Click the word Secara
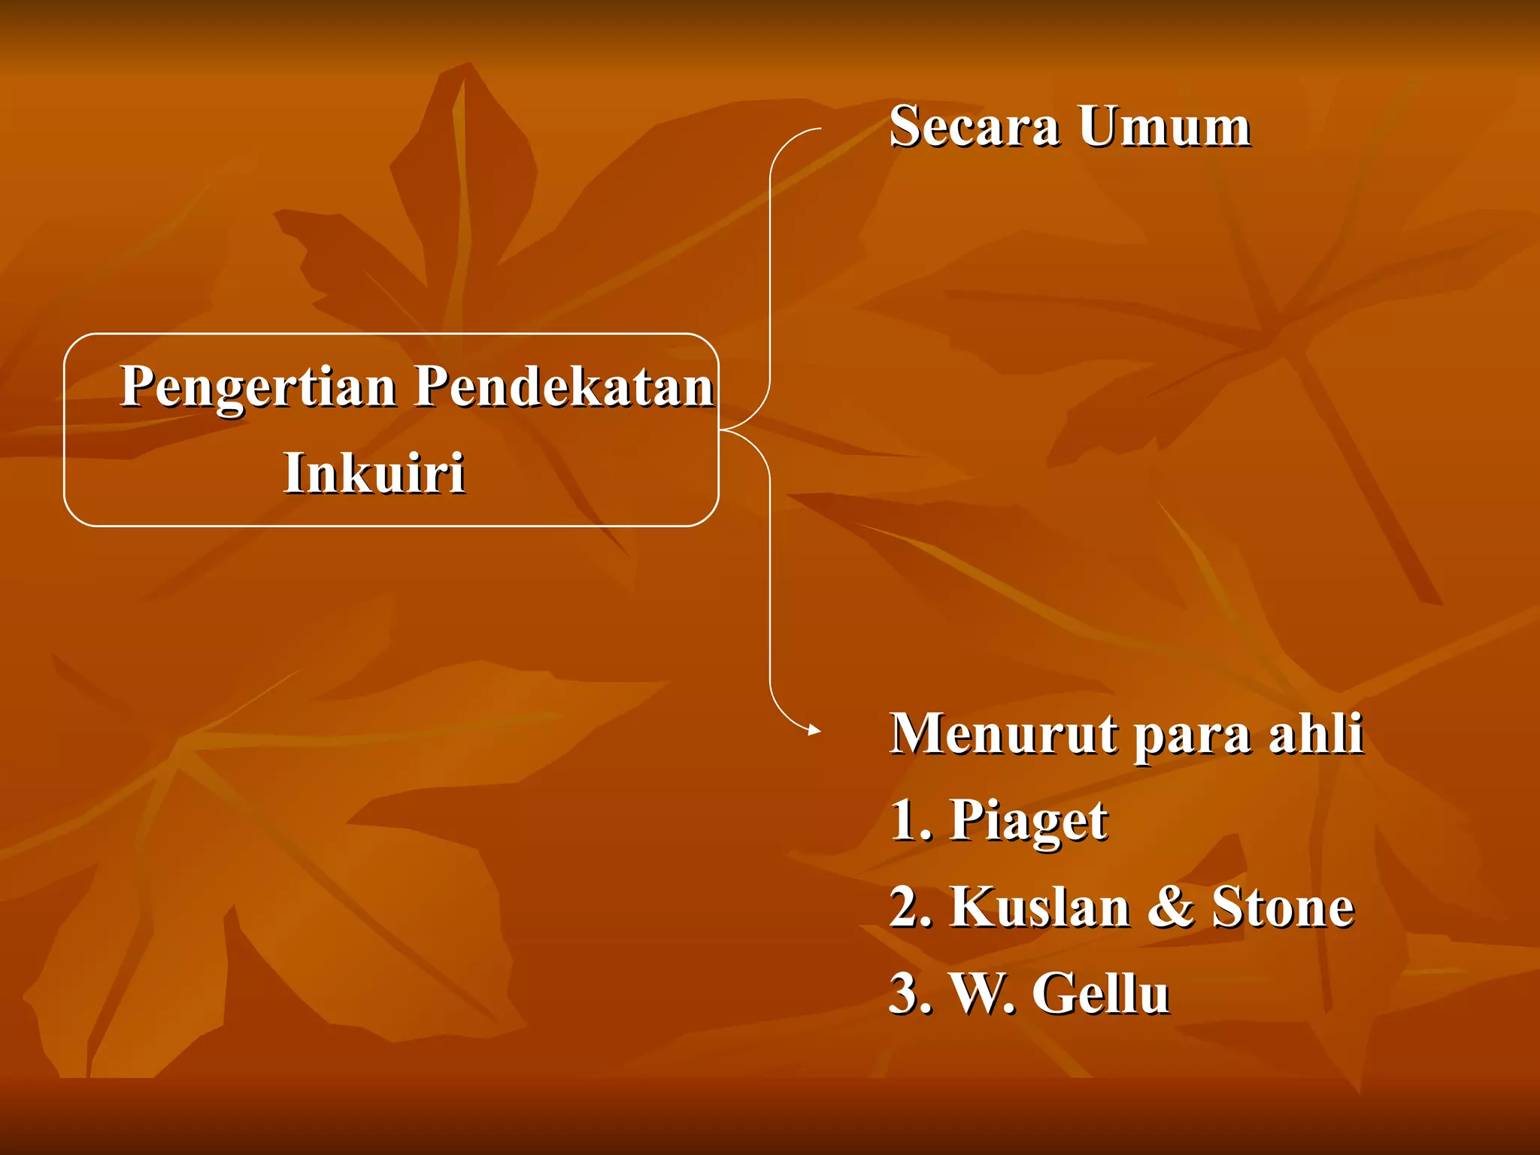click(x=974, y=126)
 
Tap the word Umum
click(x=1164, y=126)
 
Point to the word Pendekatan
click(x=564, y=387)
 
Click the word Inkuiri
click(x=374, y=474)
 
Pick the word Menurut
click(x=1003, y=734)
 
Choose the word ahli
click(x=1316, y=734)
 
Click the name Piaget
click(x=1028, y=821)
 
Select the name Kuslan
click(x=1040, y=908)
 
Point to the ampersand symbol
click(x=1171, y=908)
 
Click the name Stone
click(x=1283, y=908)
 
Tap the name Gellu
click(x=1100, y=994)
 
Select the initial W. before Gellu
click(x=982, y=994)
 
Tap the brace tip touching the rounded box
click(x=722, y=430)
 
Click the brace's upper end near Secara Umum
click(x=818, y=129)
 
